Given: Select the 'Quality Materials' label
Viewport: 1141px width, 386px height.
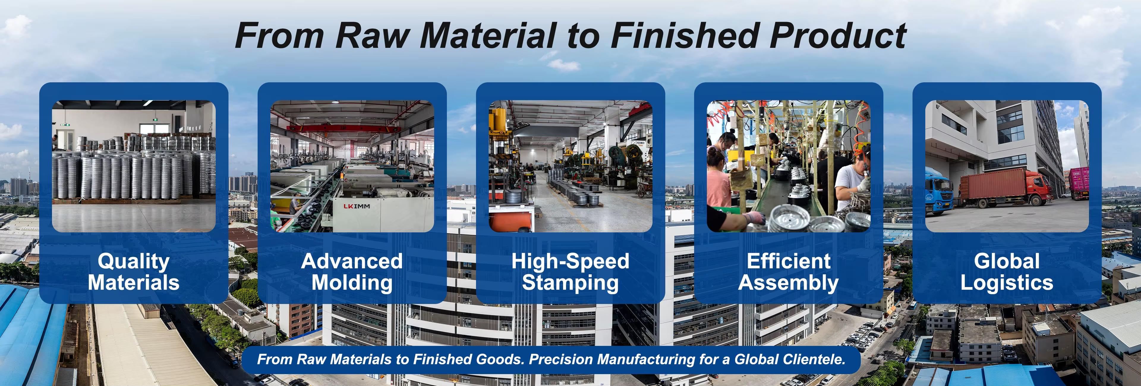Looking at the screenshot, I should coord(133,272).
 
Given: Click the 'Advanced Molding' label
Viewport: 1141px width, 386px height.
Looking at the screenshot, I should coord(352,272).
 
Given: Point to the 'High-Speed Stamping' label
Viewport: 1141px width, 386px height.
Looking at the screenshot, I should coord(570,272).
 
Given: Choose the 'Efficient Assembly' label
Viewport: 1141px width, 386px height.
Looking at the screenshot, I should coord(788,272).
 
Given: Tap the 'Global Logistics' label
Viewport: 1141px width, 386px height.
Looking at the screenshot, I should coord(1006,272).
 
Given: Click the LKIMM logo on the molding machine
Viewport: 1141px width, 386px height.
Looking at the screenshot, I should coord(357,206).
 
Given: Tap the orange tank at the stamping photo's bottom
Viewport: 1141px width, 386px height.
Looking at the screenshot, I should coord(509,222).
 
